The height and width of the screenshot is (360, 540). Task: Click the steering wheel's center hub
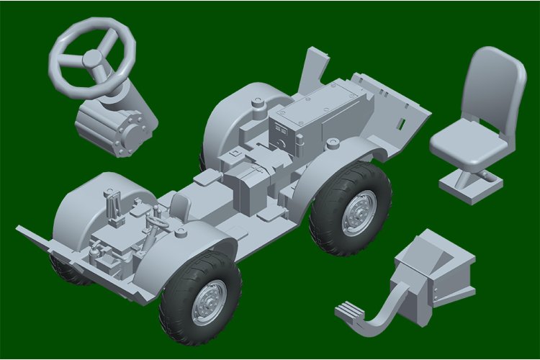coord(92,58)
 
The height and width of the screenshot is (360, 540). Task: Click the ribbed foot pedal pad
coord(352,310)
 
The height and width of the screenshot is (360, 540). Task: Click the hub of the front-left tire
coord(210,295)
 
